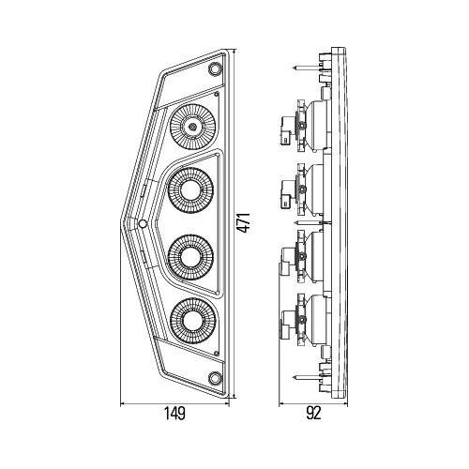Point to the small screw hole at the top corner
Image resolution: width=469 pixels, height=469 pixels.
click(215, 72)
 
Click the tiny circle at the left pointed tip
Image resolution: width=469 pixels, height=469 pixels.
click(141, 224)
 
